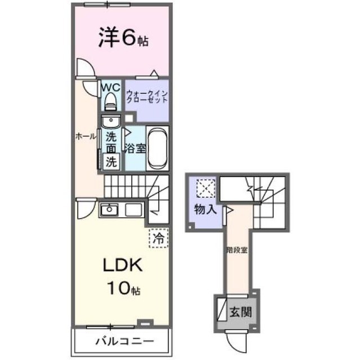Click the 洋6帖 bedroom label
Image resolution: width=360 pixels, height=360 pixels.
click(x=123, y=38)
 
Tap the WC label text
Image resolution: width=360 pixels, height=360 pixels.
click(x=111, y=88)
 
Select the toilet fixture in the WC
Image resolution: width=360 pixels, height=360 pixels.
click(x=111, y=102)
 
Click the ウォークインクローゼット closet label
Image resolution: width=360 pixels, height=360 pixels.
click(x=147, y=97)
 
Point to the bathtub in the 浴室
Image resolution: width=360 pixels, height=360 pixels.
click(x=157, y=148)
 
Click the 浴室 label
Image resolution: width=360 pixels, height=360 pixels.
click(x=135, y=148)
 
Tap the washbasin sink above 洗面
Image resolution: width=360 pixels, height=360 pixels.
click(x=111, y=121)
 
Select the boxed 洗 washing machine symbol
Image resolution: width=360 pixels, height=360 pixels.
click(x=111, y=162)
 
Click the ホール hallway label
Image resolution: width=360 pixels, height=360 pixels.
click(x=86, y=137)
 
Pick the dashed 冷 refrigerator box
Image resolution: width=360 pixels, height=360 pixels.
click(x=159, y=238)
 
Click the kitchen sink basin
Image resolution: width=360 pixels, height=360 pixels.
click(x=110, y=209)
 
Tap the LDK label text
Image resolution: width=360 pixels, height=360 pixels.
click(x=123, y=265)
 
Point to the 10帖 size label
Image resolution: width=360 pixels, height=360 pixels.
click(x=124, y=289)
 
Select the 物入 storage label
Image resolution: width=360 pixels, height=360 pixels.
click(x=205, y=209)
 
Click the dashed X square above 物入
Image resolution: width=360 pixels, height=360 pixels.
click(x=206, y=188)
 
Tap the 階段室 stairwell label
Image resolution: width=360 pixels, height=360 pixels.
click(x=237, y=250)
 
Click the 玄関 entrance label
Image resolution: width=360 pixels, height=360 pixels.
click(x=241, y=312)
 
